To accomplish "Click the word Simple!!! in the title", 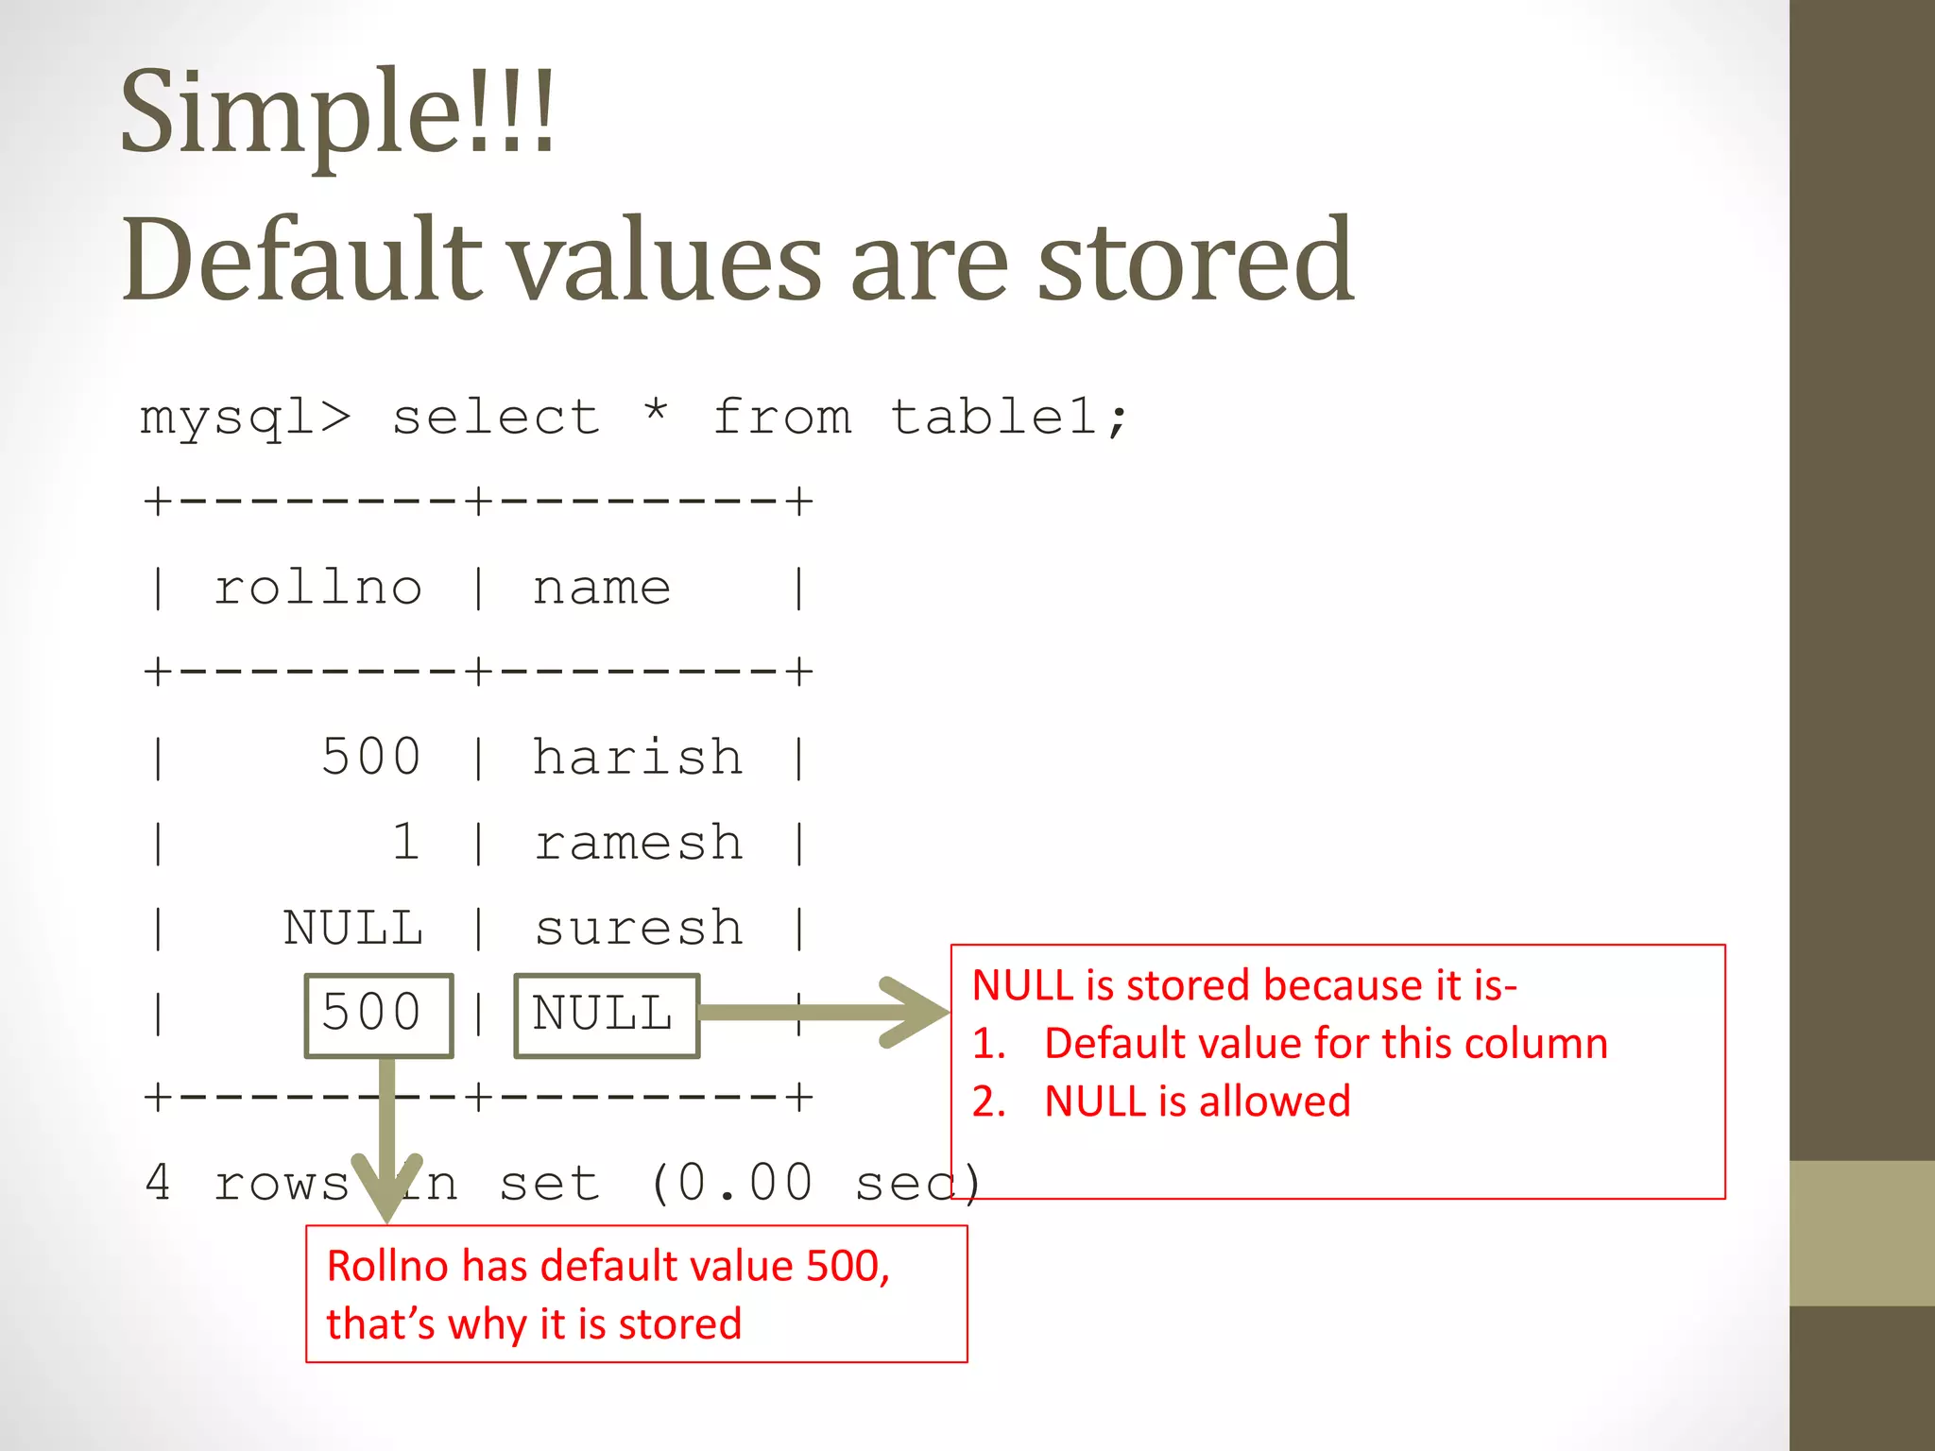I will (x=337, y=113).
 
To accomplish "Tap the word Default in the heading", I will (x=301, y=260).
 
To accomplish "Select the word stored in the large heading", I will (x=1195, y=260).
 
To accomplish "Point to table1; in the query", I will (x=1009, y=417).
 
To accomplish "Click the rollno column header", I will (x=317, y=589).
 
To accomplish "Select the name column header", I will (x=602, y=589).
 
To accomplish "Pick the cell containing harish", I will (x=638, y=758).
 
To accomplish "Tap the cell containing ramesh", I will (x=639, y=843).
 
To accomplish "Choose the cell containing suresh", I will (x=639, y=928).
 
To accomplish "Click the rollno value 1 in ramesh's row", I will (x=405, y=842).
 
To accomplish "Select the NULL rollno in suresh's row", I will (x=353, y=928).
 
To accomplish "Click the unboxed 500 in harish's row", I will (x=371, y=757).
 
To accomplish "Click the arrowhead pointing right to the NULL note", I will (x=916, y=1013).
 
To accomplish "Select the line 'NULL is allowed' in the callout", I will (x=1196, y=1101).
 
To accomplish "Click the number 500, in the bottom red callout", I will (x=848, y=1266).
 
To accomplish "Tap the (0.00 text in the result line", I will (x=731, y=1183).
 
